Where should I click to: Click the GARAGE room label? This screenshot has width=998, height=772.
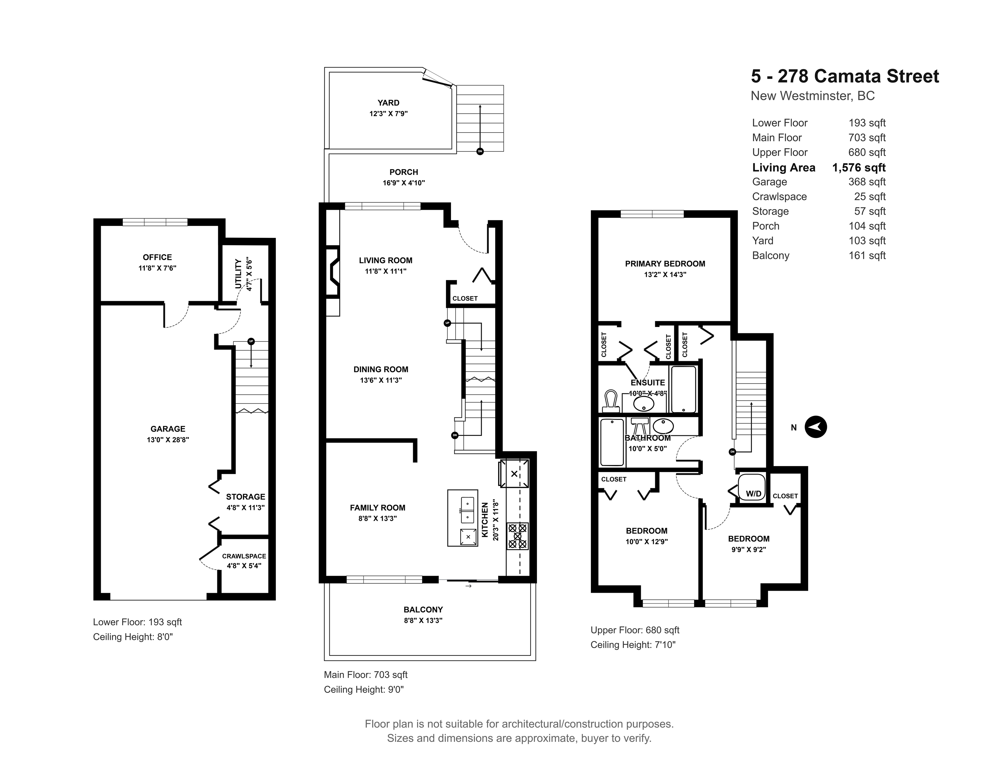pyautogui.click(x=168, y=429)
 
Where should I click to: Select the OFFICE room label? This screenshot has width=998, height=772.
pyautogui.click(x=157, y=257)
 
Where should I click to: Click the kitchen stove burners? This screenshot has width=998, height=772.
pyautogui.click(x=517, y=535)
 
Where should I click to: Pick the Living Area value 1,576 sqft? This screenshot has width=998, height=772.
pyautogui.click(x=859, y=168)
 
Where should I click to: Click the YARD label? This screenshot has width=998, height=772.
pyautogui.click(x=388, y=103)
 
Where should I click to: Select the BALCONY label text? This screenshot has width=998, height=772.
pyautogui.click(x=423, y=609)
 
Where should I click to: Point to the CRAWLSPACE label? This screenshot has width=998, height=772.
pyautogui.click(x=244, y=556)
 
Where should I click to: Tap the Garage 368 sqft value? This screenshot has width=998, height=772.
pyautogui.click(x=867, y=182)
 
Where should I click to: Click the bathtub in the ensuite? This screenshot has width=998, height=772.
pyautogui.click(x=683, y=389)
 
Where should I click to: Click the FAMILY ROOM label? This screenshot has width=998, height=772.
pyautogui.click(x=377, y=508)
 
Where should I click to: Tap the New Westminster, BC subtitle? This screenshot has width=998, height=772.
pyautogui.click(x=813, y=96)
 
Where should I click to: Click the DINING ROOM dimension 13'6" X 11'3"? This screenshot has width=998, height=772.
pyautogui.click(x=381, y=380)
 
